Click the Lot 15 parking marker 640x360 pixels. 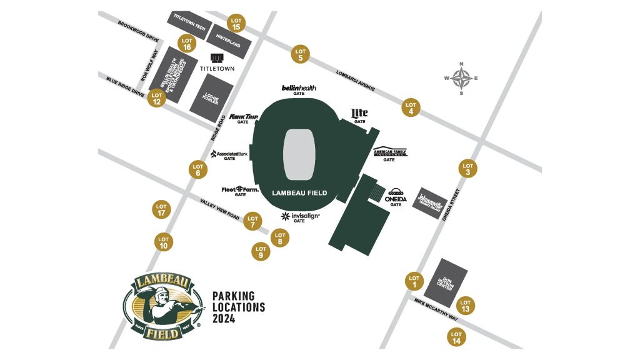coord(236,23)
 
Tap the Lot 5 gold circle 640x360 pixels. coord(301,54)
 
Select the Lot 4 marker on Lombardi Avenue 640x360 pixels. coord(411,108)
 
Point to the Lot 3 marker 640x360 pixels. coord(468,169)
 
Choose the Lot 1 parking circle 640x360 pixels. coord(414,282)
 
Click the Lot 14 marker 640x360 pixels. coord(456,337)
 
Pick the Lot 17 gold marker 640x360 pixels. coord(161,210)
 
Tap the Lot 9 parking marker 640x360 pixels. coord(261,252)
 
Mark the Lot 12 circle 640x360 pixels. coord(157,99)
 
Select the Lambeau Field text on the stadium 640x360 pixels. coord(300,193)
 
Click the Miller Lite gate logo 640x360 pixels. coord(359,113)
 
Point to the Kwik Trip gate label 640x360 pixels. coord(244,117)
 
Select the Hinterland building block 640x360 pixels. coord(231,41)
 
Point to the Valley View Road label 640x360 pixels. coord(220,209)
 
